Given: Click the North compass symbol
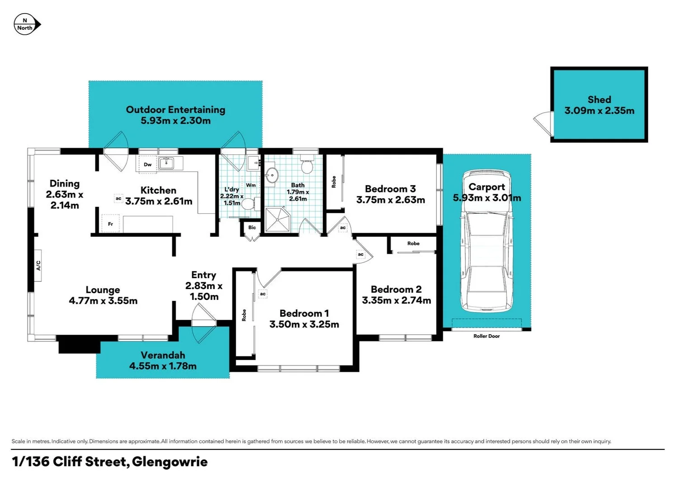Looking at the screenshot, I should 27,24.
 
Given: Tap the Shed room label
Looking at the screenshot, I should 599,100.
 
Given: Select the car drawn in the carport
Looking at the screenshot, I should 486,242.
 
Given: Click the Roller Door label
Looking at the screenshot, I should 486,336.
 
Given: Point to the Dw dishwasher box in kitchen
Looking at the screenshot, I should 147,164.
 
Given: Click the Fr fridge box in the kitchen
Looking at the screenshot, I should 110,224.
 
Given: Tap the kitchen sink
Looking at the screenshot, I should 167,163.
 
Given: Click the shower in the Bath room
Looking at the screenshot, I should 277,220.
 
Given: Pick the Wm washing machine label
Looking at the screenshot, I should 251,185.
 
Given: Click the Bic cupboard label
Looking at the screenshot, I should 252,228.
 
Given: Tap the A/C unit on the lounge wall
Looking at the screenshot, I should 38,266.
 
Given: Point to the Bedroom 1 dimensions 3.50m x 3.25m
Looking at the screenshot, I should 304,324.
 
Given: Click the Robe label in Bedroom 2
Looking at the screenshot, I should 413,243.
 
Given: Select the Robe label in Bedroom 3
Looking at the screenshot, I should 334,182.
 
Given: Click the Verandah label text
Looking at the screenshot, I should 163,355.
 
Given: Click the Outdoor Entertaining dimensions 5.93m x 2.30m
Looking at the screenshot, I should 175,121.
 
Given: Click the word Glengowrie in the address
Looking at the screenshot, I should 170,462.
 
